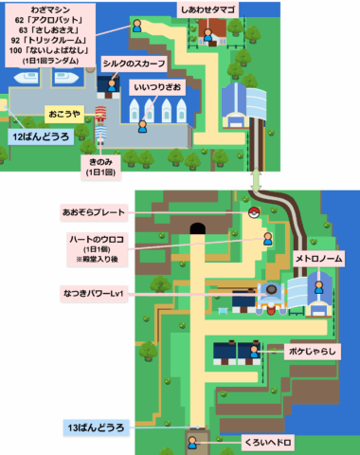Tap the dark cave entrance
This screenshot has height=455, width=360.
point(198,228)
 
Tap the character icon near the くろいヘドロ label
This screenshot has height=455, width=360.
point(200,443)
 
